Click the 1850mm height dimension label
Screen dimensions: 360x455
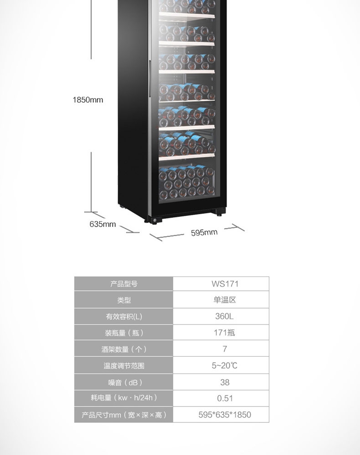tap(88, 100)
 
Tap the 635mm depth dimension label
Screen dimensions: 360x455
tap(103, 224)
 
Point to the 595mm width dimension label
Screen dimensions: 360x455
tap(204, 233)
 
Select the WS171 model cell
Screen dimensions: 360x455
tap(225, 284)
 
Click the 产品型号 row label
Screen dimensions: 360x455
tap(124, 284)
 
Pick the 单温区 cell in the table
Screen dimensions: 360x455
tap(225, 300)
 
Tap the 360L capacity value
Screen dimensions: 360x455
tap(225, 316)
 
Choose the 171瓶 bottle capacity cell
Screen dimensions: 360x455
tap(225, 333)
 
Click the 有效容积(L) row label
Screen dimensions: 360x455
tap(124, 316)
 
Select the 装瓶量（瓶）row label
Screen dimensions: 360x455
tap(124, 333)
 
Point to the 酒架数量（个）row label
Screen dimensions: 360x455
tap(124, 349)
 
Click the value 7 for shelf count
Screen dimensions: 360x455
tap(225, 349)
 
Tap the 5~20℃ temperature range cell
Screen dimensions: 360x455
tap(225, 366)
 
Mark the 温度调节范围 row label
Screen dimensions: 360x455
tap(124, 366)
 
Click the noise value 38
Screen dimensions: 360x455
tap(225, 382)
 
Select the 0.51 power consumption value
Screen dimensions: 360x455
tap(225, 398)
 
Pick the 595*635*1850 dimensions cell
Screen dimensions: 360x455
tap(225, 415)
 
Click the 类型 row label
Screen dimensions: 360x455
tap(124, 300)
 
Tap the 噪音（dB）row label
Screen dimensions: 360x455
tap(124, 382)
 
